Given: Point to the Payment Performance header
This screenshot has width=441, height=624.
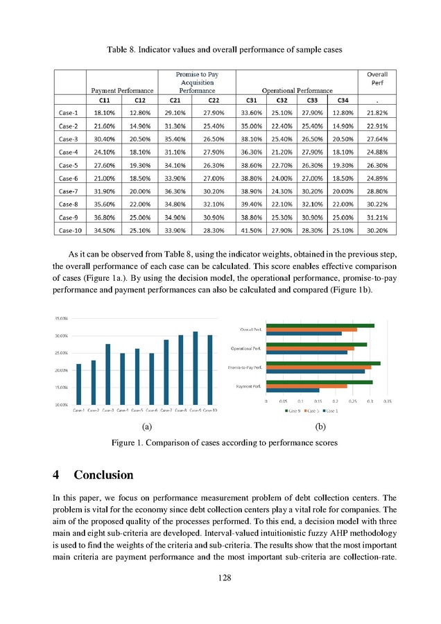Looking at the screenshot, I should (120, 90).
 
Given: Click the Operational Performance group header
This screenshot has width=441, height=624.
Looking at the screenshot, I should (297, 90).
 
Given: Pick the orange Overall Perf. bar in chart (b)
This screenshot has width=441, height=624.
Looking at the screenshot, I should (312, 329).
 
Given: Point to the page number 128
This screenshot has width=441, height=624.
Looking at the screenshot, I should (220, 578).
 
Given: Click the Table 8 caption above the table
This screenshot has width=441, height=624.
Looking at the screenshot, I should (220, 51).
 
